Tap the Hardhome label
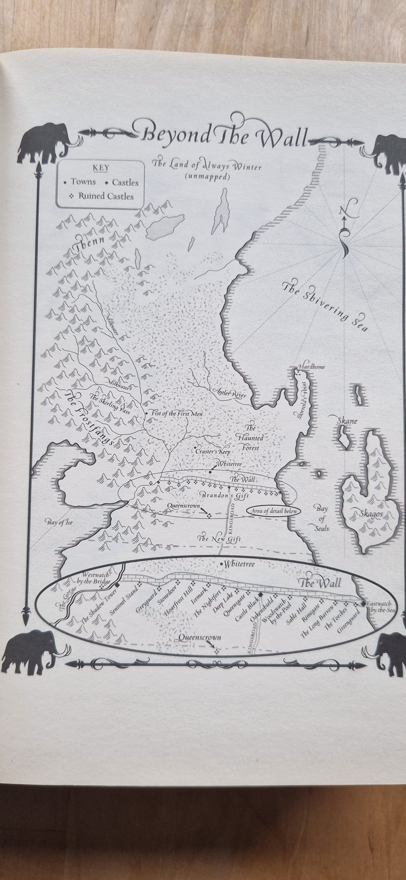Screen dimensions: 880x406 tap(312, 366)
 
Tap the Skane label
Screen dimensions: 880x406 tap(347, 421)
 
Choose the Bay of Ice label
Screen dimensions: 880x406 tap(60, 522)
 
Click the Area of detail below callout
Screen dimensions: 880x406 tap(272, 511)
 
